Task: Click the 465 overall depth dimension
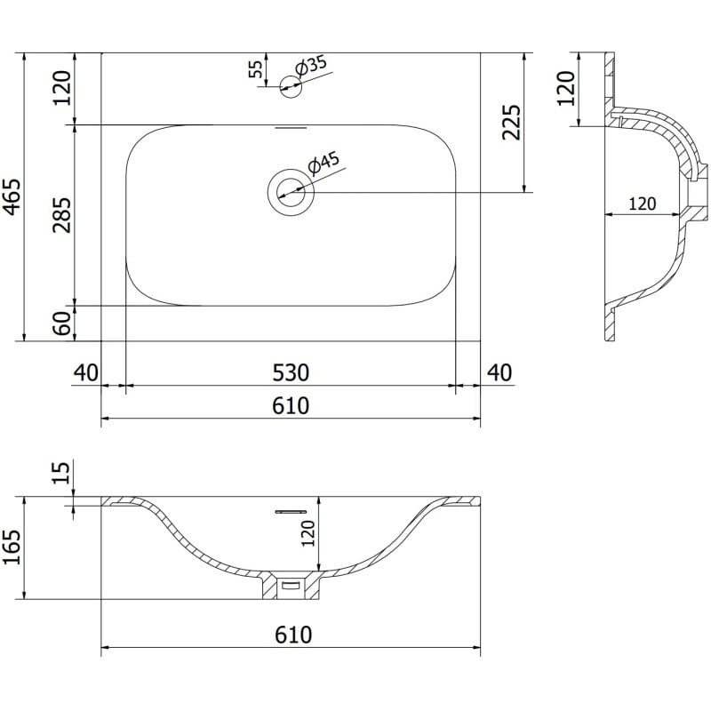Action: click(x=11, y=196)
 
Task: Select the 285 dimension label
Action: click(x=62, y=214)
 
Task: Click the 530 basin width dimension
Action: click(x=290, y=371)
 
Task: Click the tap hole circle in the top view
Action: click(x=291, y=85)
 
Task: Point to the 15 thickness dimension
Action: click(x=61, y=473)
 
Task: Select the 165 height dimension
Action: click(x=11, y=550)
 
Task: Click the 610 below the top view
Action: click(x=290, y=406)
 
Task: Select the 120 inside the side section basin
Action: click(x=642, y=204)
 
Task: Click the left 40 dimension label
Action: click(x=85, y=371)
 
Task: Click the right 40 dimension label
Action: click(x=499, y=371)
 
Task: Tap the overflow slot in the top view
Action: click(x=291, y=127)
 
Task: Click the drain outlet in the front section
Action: click(x=291, y=586)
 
